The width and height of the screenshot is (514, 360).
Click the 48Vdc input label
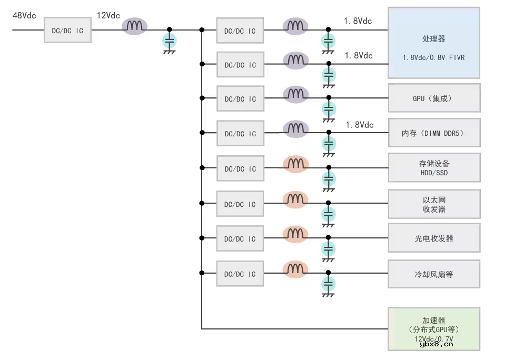[24, 15]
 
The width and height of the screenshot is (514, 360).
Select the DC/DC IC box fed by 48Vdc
[67, 31]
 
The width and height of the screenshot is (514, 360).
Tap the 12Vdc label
[108, 15]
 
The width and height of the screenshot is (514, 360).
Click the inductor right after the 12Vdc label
[135, 26]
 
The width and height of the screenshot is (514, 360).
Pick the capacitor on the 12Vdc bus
[169, 41]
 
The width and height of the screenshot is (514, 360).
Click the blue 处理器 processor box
[434, 43]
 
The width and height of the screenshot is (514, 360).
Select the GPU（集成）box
[434, 98]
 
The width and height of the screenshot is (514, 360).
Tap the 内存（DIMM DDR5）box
[434, 133]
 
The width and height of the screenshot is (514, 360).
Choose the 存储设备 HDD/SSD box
[434, 168]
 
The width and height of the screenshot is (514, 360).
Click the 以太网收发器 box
[434, 204]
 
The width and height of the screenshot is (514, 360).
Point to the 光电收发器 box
[434, 238]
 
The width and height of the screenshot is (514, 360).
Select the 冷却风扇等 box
[434, 274]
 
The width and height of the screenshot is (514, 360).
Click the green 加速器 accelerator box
[434, 329]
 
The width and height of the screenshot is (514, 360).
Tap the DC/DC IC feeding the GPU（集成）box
[240, 99]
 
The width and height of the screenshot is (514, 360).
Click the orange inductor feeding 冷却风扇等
[295, 270]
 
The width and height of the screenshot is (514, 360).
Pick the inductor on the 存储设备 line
[295, 164]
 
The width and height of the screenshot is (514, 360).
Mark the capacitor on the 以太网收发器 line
[329, 214]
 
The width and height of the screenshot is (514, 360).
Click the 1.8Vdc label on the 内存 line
[360, 125]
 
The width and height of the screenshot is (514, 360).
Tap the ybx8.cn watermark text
[437, 344]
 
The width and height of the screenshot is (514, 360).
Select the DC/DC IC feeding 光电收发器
[240, 239]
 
